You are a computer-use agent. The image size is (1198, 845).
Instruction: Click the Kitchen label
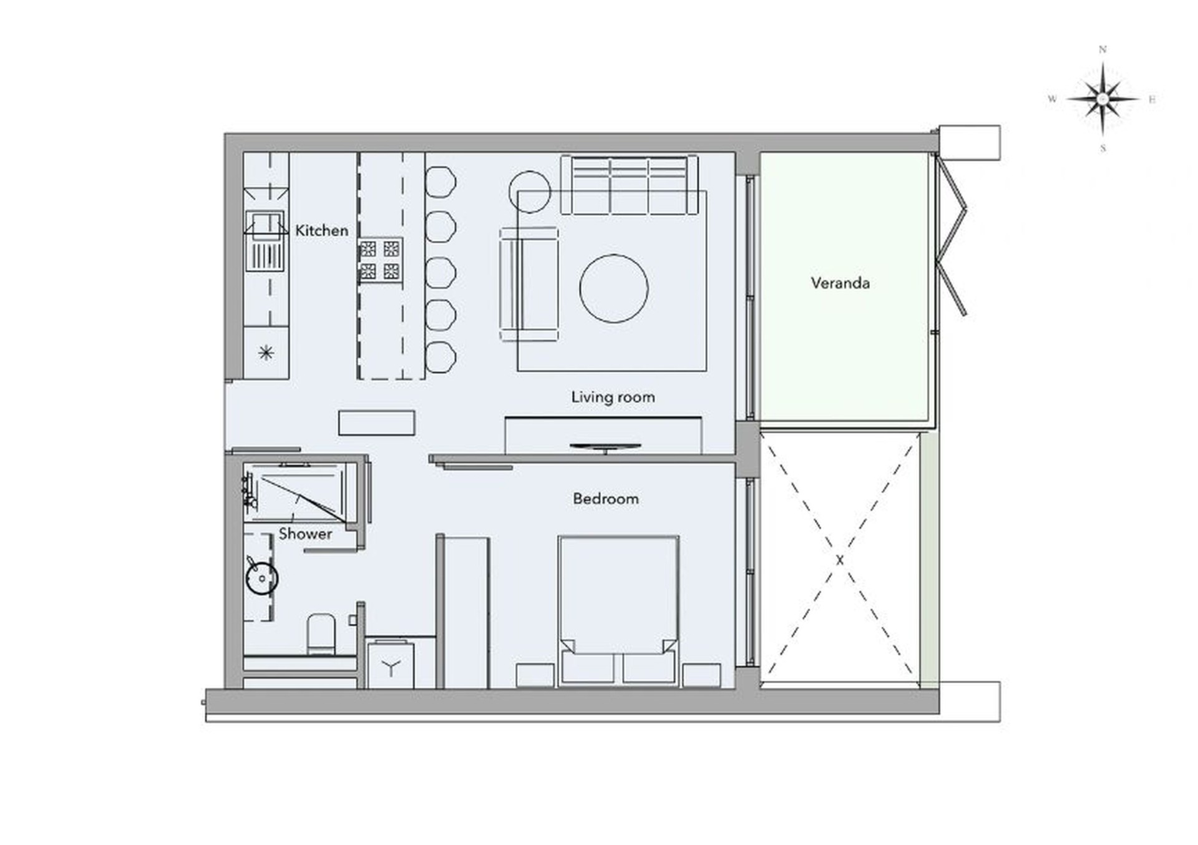[x=321, y=230]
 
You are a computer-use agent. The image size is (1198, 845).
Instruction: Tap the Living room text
[x=613, y=398]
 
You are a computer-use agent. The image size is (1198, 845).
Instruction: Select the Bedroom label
[x=606, y=499]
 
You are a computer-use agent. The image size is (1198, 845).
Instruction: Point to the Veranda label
[x=840, y=283]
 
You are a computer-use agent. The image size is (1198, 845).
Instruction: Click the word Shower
[x=305, y=534]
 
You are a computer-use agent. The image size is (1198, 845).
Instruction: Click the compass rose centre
[x=1103, y=99]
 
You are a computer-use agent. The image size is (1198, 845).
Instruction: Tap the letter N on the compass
[x=1103, y=49]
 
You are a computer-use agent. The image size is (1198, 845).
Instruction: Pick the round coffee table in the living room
[x=614, y=288]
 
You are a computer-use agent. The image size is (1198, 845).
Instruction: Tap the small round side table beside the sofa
[x=530, y=192]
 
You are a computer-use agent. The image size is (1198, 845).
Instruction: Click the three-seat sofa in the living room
[x=629, y=185]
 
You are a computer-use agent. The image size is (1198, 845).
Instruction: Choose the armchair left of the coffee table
[x=528, y=284]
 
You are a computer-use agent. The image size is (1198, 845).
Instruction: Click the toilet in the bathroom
[x=321, y=633]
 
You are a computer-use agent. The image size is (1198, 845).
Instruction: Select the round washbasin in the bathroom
[x=261, y=578]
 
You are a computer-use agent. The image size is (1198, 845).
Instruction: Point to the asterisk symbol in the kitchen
[x=266, y=353]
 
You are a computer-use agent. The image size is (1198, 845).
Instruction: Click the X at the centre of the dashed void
[x=840, y=560]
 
